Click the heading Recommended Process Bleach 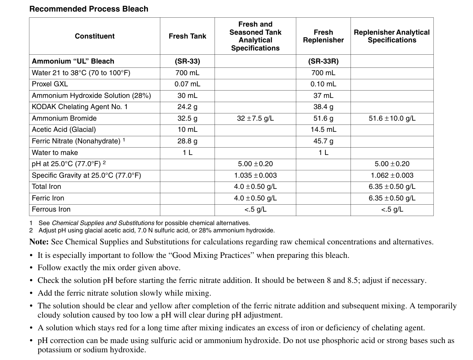click(x=89, y=9)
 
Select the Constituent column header click(x=95, y=36)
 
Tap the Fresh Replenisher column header click(x=323, y=36)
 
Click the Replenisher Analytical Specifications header click(x=392, y=36)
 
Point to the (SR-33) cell click(x=187, y=61)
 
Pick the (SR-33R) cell click(x=323, y=61)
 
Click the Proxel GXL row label click(x=50, y=84)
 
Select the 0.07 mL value click(x=187, y=84)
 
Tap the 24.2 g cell click(x=187, y=107)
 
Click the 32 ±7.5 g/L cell click(x=255, y=118)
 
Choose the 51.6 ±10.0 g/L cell click(x=392, y=118)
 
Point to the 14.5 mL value click(x=323, y=130)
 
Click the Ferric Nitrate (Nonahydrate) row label click(x=76, y=141)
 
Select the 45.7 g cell click(x=323, y=141)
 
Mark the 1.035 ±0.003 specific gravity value click(x=255, y=175)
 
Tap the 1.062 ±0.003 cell click(x=392, y=175)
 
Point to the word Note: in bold click(x=39, y=242)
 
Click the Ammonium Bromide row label click(x=64, y=118)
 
